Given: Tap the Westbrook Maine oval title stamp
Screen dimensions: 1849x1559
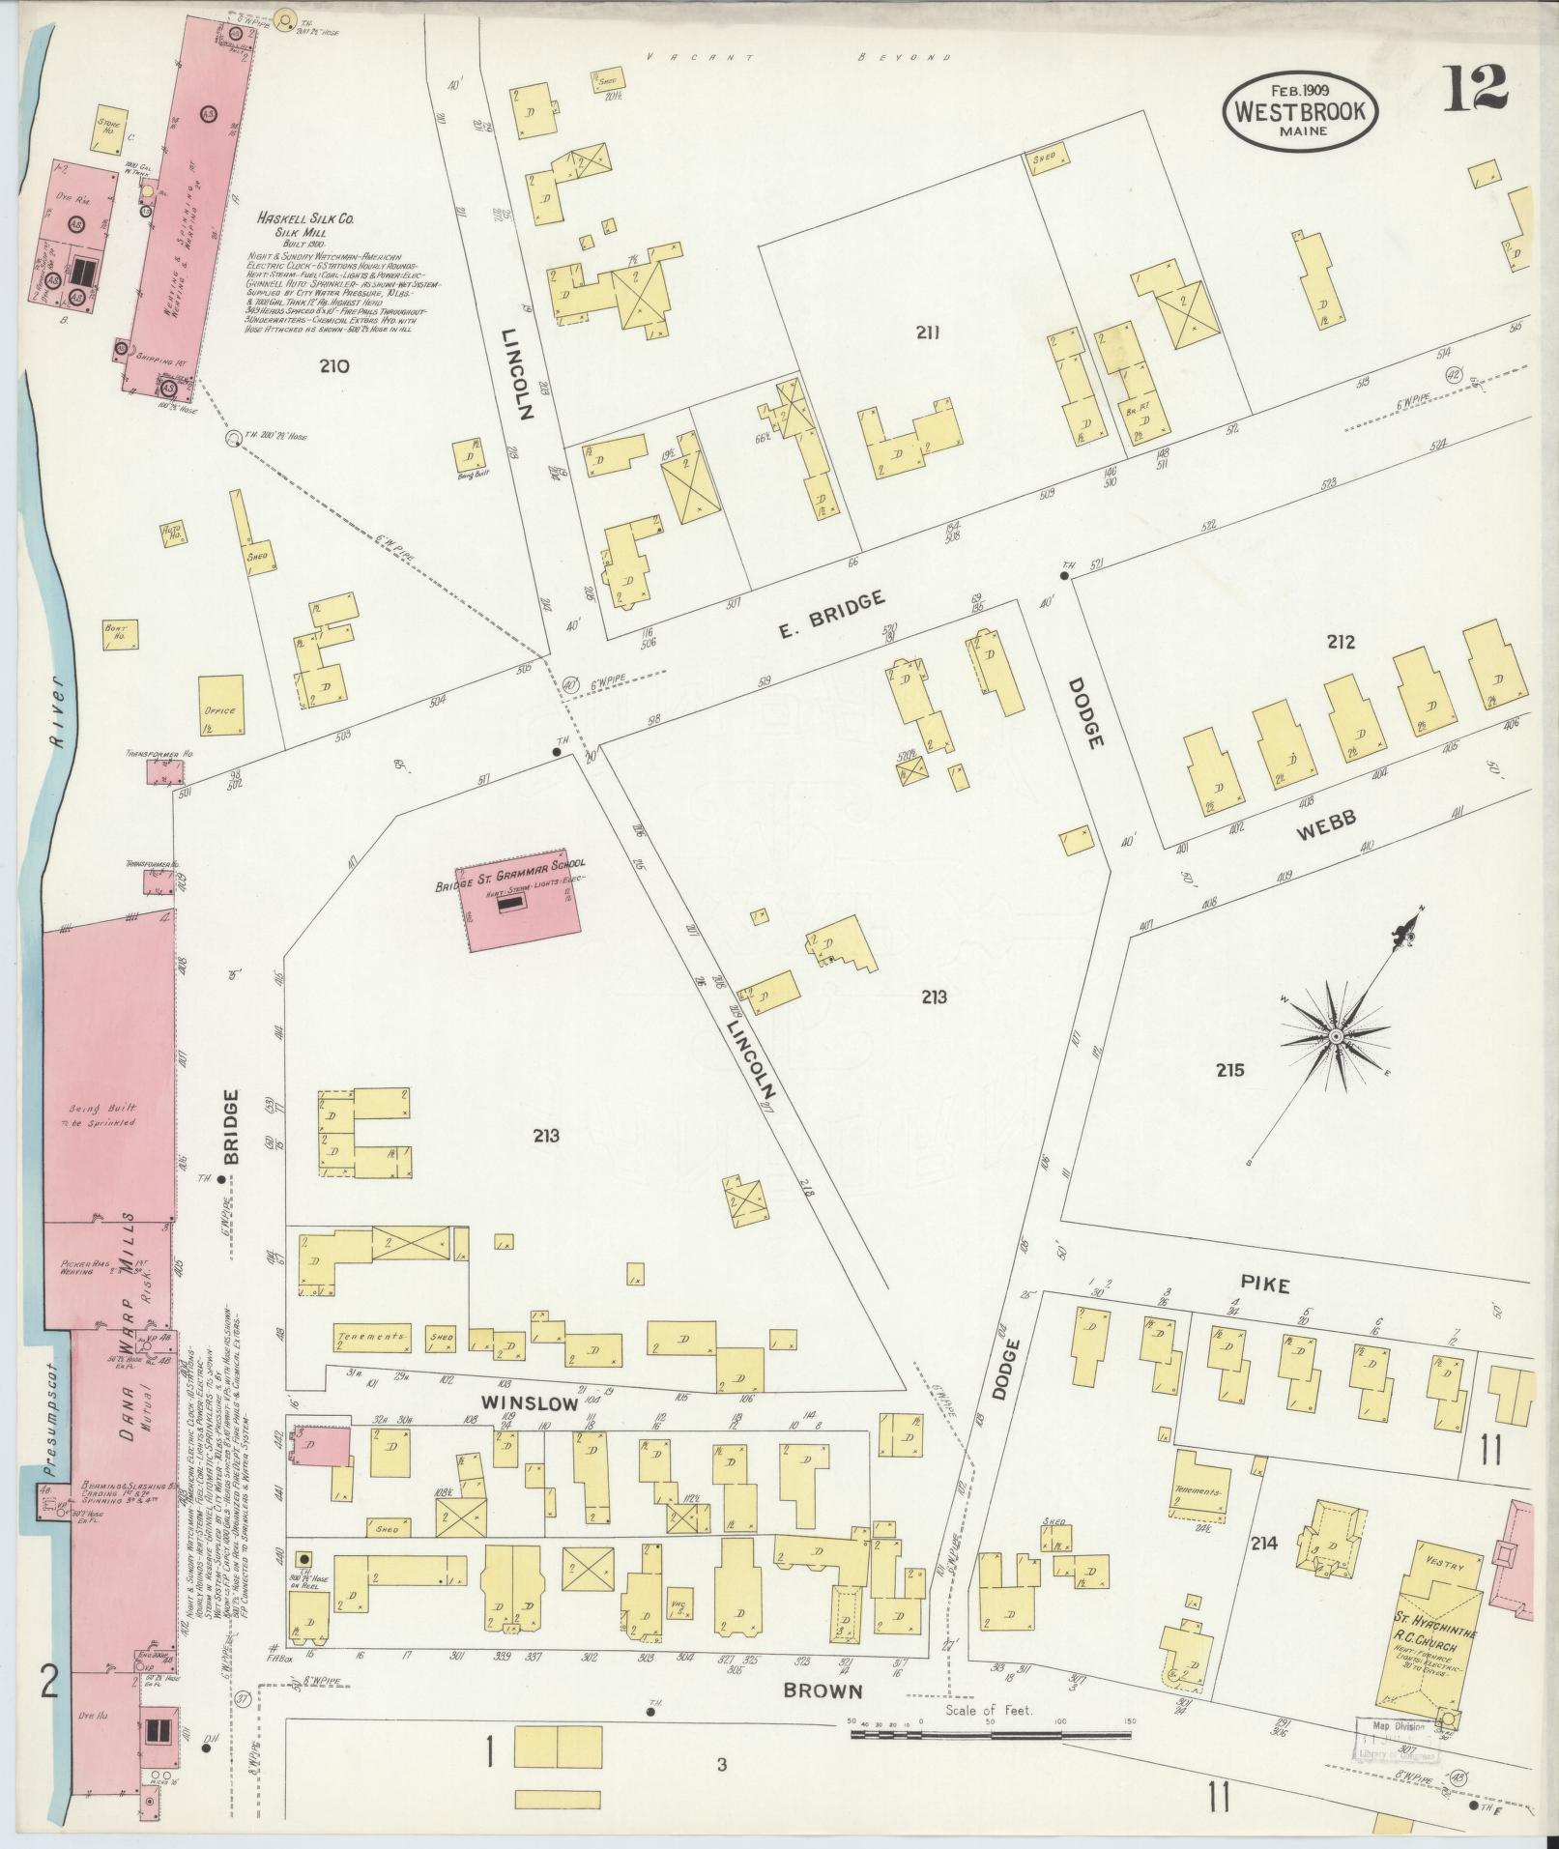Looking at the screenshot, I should pos(1301,111).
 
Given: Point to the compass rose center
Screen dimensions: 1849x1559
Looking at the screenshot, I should pos(1335,1036).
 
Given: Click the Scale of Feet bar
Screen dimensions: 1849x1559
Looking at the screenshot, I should pos(992,1735).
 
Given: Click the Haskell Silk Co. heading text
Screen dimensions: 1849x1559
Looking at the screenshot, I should pos(304,220).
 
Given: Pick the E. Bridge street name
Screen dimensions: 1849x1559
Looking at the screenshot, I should pos(831,617).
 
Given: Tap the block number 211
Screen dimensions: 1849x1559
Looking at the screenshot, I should pos(928,333).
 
